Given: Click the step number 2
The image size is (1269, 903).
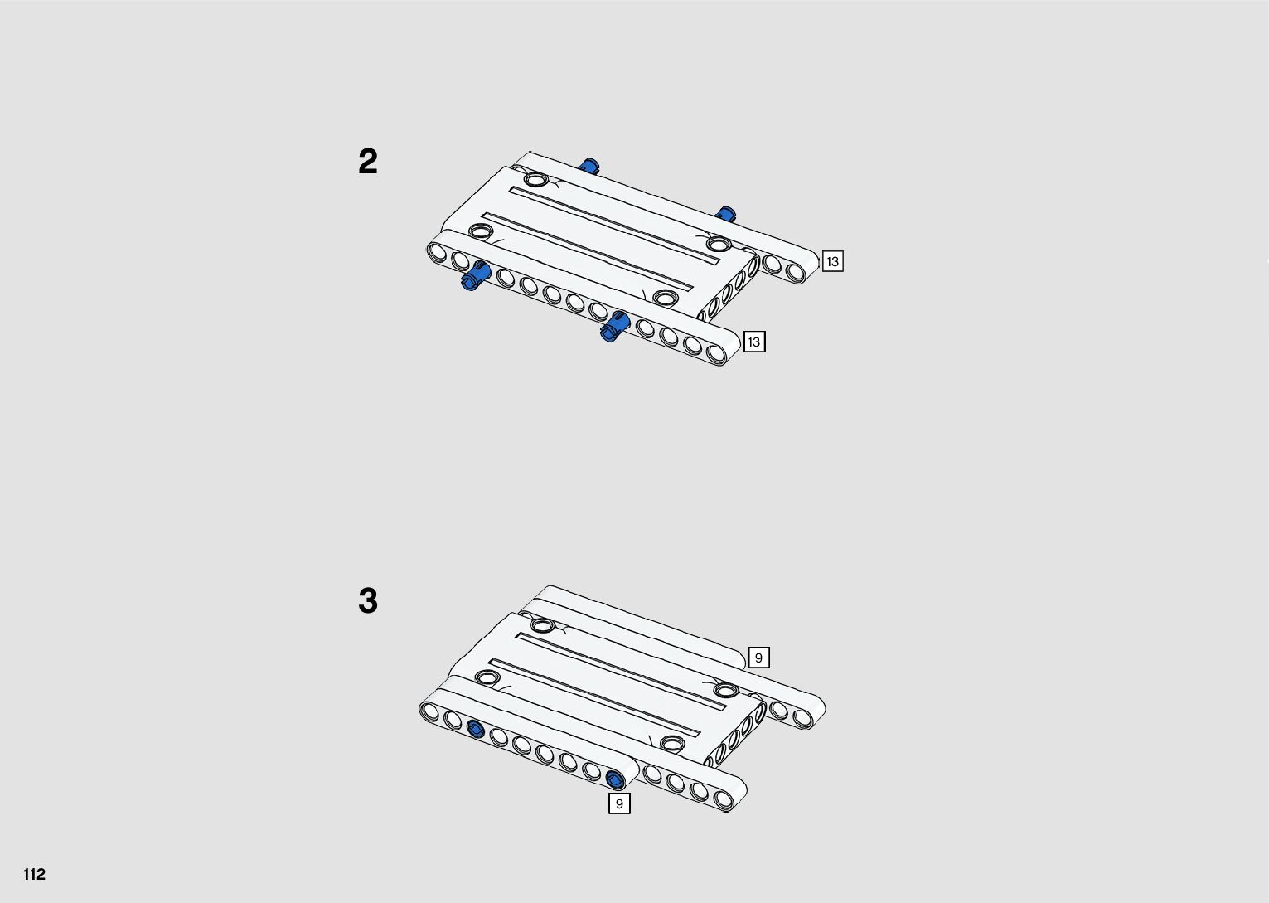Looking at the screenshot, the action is (367, 161).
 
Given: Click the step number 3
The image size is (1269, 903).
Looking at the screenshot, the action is (367, 600).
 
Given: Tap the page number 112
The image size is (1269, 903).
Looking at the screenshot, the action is (35, 874).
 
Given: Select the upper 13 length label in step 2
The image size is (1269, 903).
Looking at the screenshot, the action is (832, 261).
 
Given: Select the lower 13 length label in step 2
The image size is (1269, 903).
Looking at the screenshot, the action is (753, 342).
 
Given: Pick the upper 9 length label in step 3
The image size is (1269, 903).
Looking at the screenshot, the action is (758, 658).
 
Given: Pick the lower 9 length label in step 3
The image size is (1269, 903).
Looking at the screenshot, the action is (618, 803).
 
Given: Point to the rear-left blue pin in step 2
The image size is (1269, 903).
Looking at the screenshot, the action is (588, 166).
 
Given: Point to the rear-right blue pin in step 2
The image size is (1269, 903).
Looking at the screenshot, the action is (725, 214).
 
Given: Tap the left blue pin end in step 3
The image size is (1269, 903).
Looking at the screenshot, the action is (475, 729).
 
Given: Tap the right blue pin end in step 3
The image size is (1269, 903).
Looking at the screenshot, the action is (614, 779).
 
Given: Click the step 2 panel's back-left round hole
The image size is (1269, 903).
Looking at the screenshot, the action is (535, 179).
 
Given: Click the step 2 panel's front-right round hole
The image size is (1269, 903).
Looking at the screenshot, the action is (665, 298).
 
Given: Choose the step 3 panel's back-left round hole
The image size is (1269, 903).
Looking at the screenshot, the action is (542, 624).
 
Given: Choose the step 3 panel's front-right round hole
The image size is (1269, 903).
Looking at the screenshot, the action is (672, 741).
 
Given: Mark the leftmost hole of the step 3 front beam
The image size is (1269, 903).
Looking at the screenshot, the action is (430, 711).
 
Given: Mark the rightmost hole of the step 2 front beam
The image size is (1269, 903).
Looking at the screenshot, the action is (716, 353).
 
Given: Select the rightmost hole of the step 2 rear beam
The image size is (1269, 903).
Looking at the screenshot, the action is (796, 272).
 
